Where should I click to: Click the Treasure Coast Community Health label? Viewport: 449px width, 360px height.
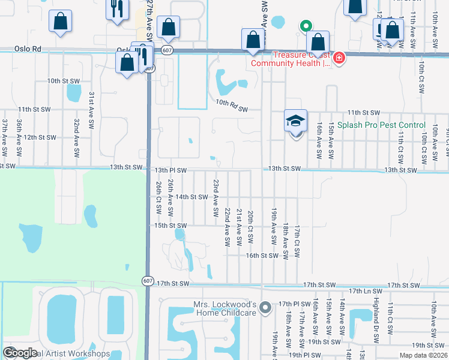point(291,58)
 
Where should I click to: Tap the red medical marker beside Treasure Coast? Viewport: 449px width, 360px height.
point(339,58)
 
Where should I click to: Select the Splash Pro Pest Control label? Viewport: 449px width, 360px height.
point(381,125)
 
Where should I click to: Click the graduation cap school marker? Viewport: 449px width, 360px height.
point(295,121)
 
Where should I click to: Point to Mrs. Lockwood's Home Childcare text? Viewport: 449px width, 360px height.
point(225,308)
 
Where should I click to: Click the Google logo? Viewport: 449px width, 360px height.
point(20,353)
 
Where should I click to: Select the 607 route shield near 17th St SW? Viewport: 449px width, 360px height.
point(148,280)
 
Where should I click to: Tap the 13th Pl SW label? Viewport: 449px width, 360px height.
point(171,170)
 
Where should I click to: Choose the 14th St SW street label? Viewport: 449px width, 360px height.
point(191,197)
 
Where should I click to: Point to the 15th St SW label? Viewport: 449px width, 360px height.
point(171,226)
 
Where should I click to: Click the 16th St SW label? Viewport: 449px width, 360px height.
point(262,255)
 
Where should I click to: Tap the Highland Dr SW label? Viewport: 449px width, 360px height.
point(376,325)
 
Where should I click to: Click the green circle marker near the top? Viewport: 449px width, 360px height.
point(306,26)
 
